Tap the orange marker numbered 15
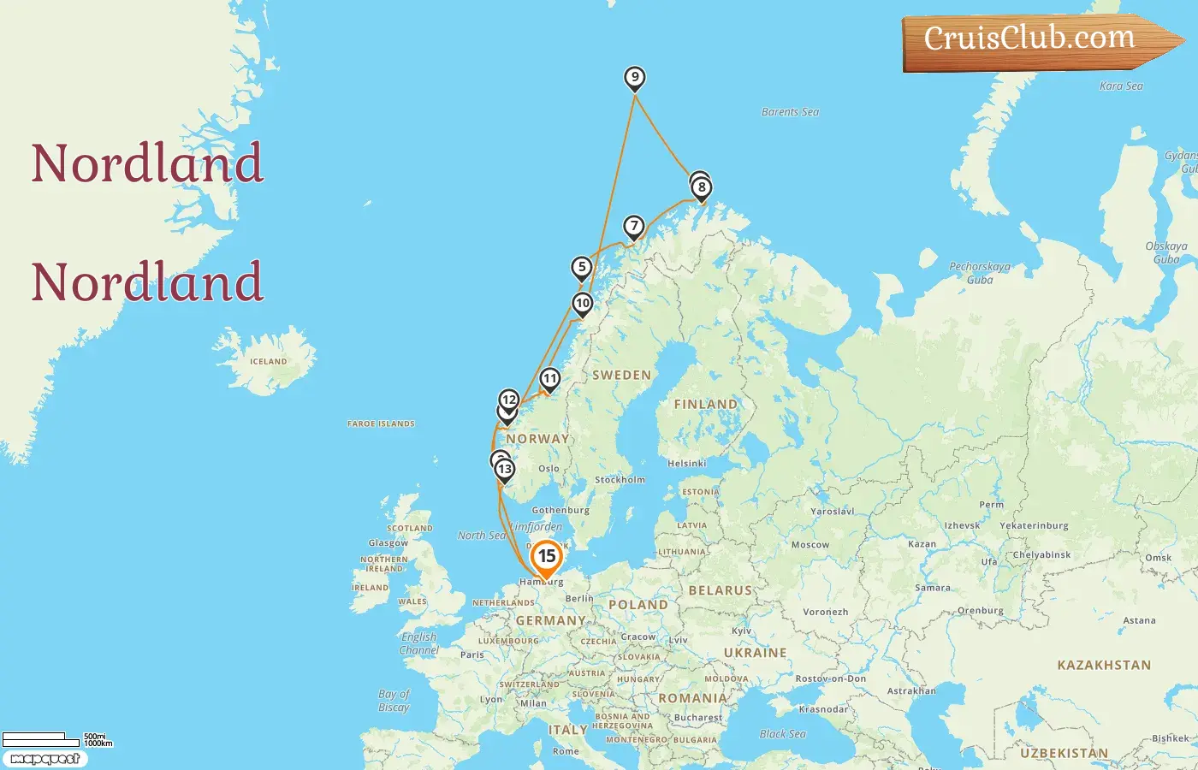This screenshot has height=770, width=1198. point(546,558)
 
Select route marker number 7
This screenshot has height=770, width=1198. point(633,228)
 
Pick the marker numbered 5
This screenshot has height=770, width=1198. point(582,268)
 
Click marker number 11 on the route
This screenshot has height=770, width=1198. point(549,379)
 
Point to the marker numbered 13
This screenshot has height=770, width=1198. point(505,470)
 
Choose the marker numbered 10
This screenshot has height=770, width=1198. point(583,304)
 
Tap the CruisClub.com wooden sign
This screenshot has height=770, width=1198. point(1035,40)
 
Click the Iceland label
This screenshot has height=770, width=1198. point(268,362)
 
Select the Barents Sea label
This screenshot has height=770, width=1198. point(790,112)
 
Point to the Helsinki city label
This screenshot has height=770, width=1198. point(687,464)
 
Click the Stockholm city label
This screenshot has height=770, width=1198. point(620,480)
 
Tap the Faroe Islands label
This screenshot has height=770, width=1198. point(381,423)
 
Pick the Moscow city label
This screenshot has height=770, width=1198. point(810,545)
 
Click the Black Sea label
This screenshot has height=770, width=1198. point(782,734)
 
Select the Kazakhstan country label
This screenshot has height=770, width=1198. point(1104,665)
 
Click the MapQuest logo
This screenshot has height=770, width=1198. point(44,759)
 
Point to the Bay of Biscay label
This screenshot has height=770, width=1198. point(394,701)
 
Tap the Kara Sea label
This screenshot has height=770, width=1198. point(1121,86)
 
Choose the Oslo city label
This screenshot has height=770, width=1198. point(549,469)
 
